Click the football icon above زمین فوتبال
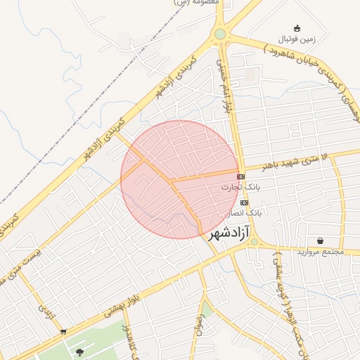[297, 28]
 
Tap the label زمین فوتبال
[298, 38]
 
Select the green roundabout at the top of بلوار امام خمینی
[220, 34]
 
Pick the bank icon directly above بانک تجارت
[241, 176]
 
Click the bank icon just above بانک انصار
[244, 202]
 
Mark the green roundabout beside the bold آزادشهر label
[254, 243]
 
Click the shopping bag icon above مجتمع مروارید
[321, 240]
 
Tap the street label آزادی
[46, 310]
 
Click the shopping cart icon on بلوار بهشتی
[64, 331]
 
